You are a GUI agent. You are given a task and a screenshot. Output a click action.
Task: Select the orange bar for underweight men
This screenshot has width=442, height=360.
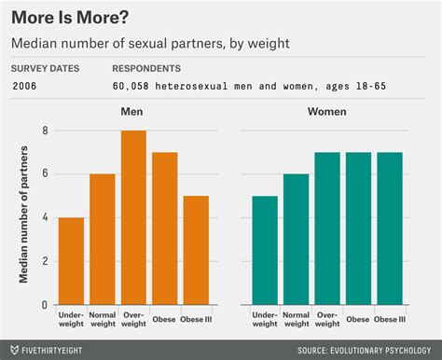click(72, 261)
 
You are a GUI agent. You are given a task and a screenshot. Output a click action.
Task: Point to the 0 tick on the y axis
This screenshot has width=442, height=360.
click(45, 305)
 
